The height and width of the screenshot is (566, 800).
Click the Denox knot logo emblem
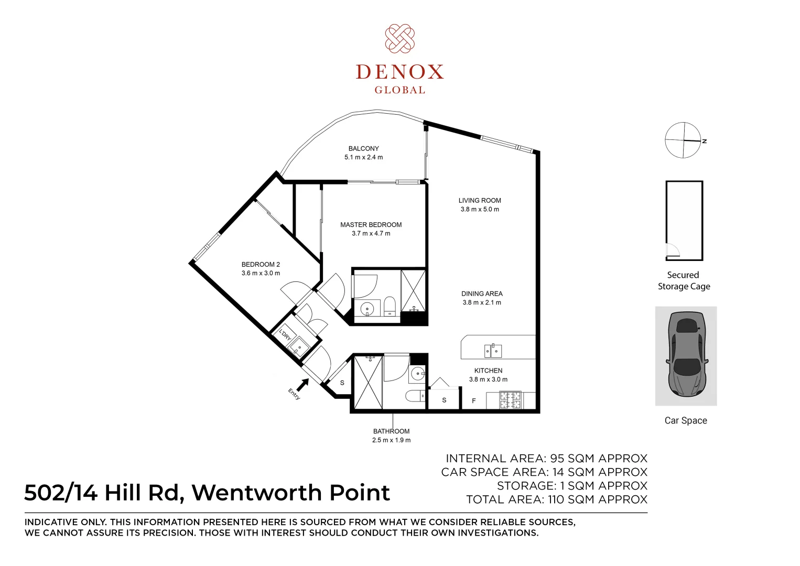pyautogui.click(x=400, y=38)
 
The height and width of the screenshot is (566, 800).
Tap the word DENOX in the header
pyautogui.click(x=400, y=72)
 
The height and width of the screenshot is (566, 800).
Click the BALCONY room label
pyautogui.click(x=363, y=149)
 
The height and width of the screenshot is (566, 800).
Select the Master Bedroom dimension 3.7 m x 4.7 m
pyautogui.click(x=371, y=234)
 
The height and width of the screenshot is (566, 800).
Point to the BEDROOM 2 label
pyautogui.click(x=261, y=265)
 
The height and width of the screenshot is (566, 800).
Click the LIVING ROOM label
pyautogui.click(x=480, y=200)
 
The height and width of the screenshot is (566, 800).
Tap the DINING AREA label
pyautogui.click(x=482, y=294)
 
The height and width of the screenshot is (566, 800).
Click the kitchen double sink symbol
pyautogui.click(x=493, y=350)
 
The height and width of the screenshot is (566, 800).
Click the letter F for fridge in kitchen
pyautogui.click(x=474, y=401)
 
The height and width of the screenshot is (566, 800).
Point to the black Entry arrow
pyautogui.click(x=302, y=385)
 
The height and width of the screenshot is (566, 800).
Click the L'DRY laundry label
pyautogui.click(x=285, y=334)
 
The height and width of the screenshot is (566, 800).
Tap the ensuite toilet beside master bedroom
pyautogui.click(x=390, y=306)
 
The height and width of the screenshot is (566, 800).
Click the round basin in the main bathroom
pyautogui.click(x=418, y=374)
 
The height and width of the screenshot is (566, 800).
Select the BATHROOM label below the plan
pyautogui.click(x=391, y=431)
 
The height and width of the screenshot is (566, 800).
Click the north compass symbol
pyautogui.click(x=683, y=140)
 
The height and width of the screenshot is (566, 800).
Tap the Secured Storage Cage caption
pyautogui.click(x=684, y=281)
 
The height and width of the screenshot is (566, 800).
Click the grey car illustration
pyautogui.click(x=686, y=355)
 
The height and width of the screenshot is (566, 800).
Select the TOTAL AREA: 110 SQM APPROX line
pyautogui.click(x=556, y=499)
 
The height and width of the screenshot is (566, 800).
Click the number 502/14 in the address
pyautogui.click(x=61, y=493)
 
